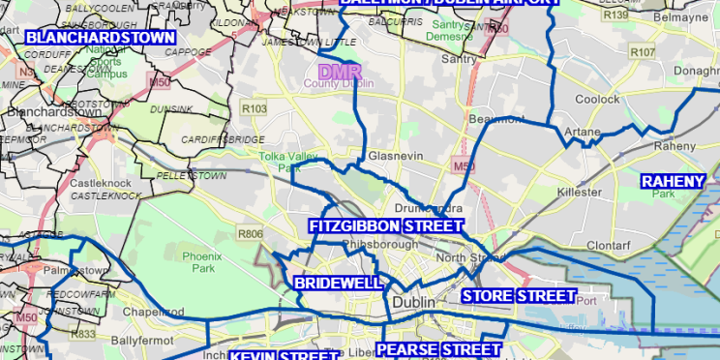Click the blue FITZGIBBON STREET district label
point(385,225)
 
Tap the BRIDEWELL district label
point(338,283)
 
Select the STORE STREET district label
point(519,295)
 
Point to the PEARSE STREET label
point(438,349)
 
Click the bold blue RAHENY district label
point(674,180)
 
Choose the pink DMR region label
point(339,72)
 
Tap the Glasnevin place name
point(392,156)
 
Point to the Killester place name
point(580,194)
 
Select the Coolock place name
point(597,99)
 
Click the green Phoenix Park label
point(200,262)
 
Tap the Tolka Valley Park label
point(296,161)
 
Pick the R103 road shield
point(255,109)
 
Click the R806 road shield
point(250,233)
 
